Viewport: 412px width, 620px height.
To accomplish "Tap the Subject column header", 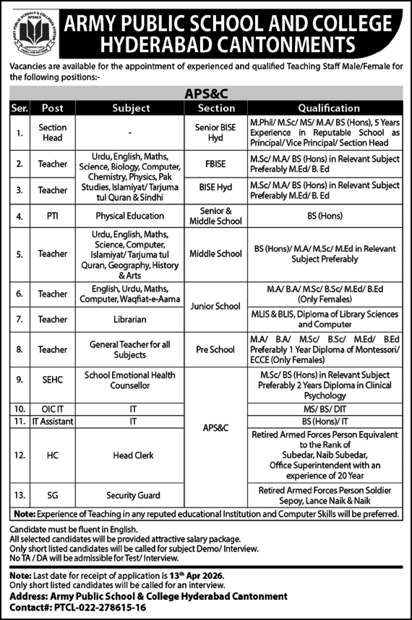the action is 131,108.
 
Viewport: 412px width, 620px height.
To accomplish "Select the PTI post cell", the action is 53,215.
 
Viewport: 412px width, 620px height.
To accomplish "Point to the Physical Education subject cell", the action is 131,215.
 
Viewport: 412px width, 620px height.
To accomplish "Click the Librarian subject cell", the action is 131,318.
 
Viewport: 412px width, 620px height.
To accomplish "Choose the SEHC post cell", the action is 53,375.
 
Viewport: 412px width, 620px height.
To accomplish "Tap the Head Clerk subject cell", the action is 131,455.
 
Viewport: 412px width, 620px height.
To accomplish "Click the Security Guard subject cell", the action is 131,495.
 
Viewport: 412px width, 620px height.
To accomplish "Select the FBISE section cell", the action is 217,164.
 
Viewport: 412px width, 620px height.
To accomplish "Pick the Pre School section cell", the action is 217,349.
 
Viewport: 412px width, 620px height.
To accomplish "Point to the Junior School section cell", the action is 217,306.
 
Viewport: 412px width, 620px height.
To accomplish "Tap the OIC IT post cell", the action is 53,408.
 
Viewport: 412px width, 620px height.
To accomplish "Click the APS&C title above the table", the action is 207,93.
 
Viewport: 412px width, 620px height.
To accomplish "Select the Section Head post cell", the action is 53,133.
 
